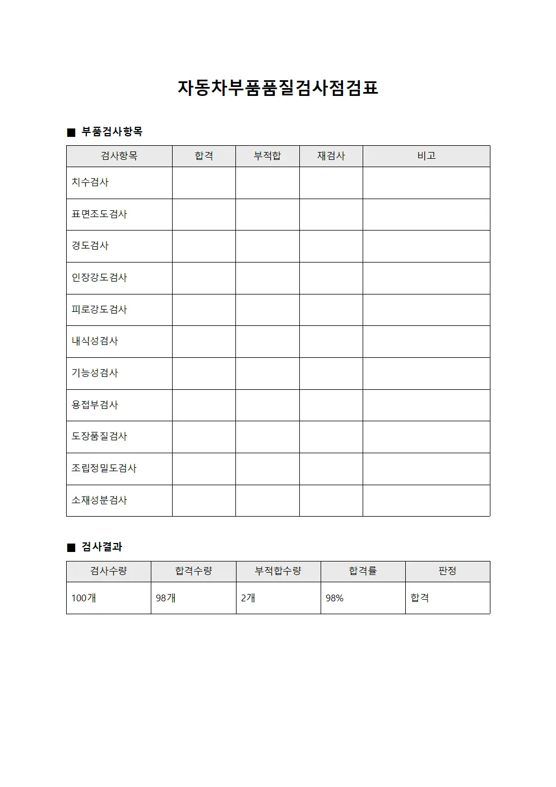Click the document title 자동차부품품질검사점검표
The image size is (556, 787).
coord(278,88)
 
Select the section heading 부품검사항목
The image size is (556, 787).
coord(112,132)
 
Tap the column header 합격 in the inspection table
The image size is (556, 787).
coord(204,156)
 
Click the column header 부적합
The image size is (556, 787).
coord(267,156)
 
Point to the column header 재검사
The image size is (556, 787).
coord(331,156)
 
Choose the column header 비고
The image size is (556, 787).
coord(426,156)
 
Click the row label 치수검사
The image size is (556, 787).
coord(90,182)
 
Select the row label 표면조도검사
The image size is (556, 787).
coord(99,214)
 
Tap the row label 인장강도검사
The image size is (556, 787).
coord(99,278)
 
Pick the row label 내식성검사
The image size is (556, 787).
coord(95,341)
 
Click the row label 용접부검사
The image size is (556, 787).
coord(95,405)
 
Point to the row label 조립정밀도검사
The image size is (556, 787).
coord(104,468)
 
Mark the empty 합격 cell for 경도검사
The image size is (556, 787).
coord(204,246)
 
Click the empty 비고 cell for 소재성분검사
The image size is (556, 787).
coord(426,500)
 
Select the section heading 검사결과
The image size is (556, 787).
coord(102,547)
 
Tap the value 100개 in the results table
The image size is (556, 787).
coord(84,599)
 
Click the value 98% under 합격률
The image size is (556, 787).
coord(335,599)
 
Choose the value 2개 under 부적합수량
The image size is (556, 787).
coord(248,599)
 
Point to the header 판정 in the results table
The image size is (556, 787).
coord(447,571)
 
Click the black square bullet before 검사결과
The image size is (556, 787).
coord(71,547)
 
